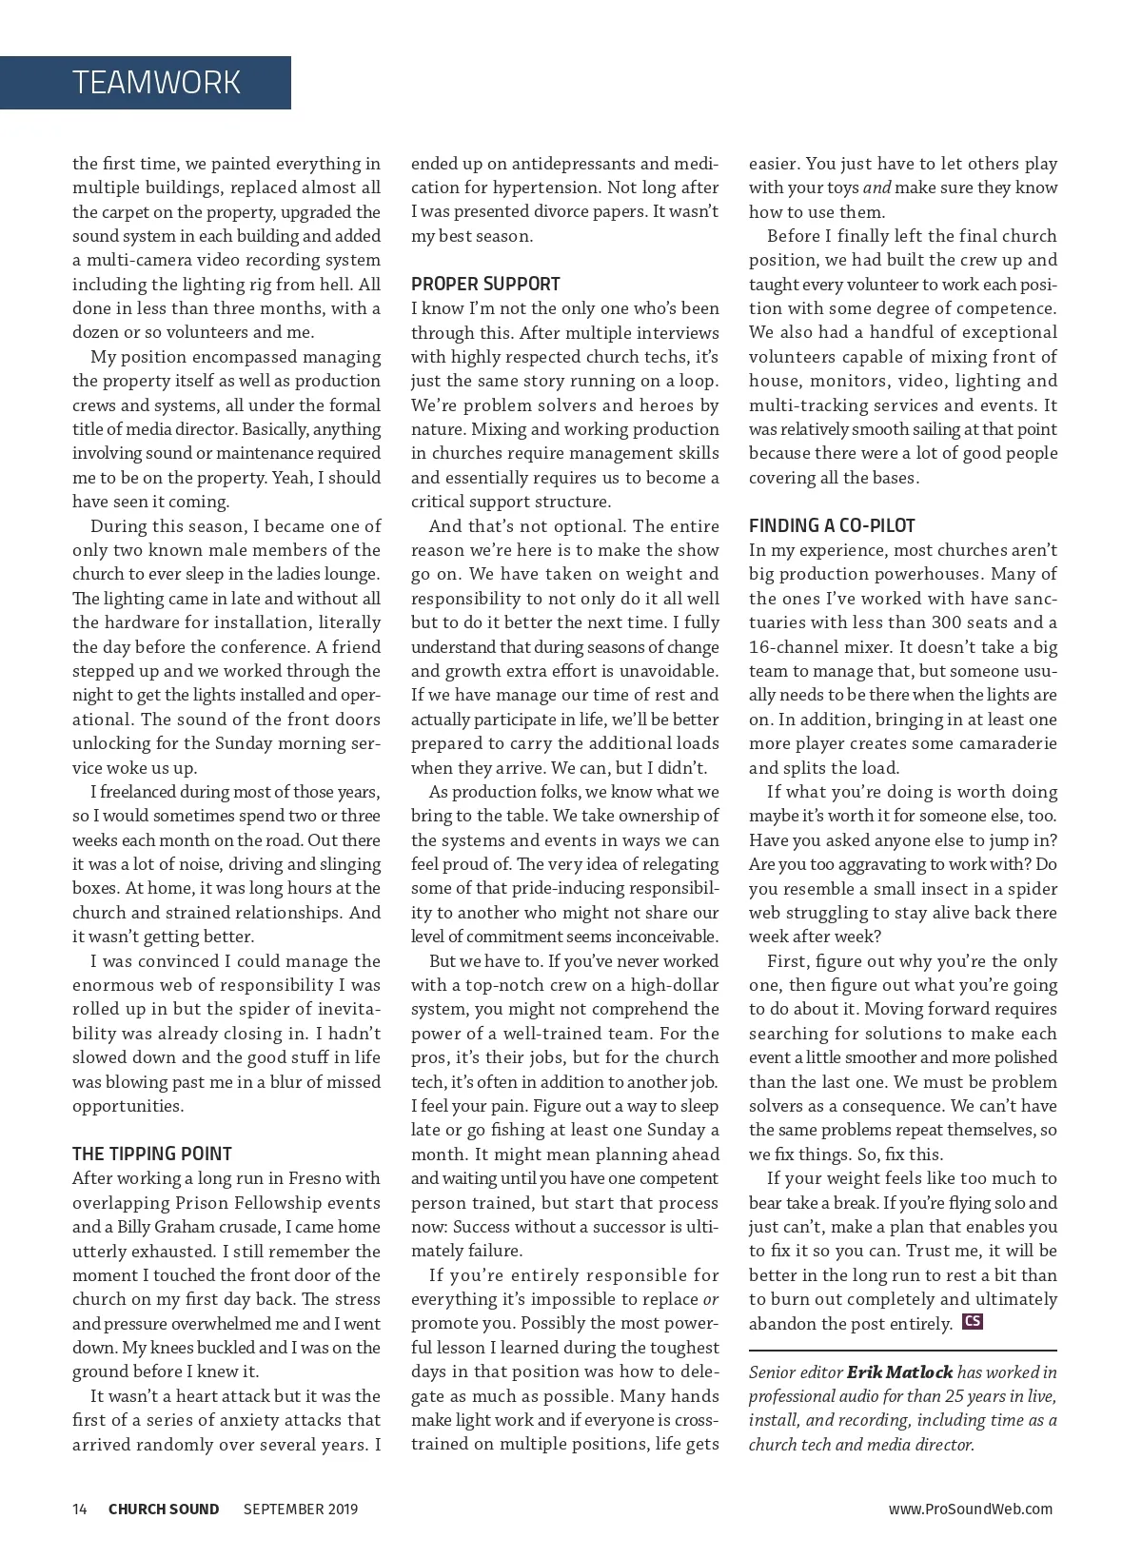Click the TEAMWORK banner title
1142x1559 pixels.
[156, 83]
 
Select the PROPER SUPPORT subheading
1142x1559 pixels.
[485, 284]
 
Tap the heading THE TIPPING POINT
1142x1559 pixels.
[152, 1154]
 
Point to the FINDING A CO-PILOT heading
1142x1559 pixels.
[832, 525]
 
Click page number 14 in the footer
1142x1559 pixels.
[80, 1509]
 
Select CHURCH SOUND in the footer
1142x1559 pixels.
[164, 1509]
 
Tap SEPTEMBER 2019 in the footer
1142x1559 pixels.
[301, 1509]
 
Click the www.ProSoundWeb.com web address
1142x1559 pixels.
[970, 1509]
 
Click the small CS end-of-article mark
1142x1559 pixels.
[973, 1321]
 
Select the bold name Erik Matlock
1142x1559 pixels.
[899, 1372]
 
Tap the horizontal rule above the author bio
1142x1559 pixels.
[902, 1350]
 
